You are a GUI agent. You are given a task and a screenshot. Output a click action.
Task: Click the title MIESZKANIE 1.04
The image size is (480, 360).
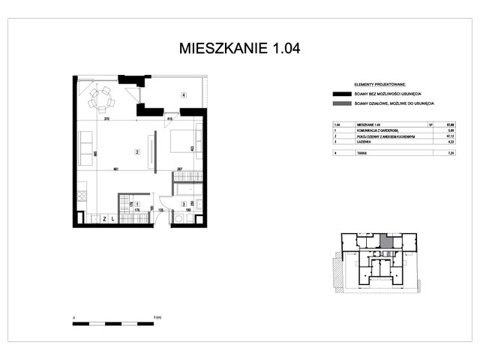click(240, 49)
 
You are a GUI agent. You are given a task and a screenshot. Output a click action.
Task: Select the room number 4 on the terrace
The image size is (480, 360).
click(183, 95)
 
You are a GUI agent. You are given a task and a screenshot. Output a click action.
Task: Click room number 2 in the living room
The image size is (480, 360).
click(137, 153)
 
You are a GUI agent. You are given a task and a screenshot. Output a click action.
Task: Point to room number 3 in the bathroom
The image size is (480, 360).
click(184, 204)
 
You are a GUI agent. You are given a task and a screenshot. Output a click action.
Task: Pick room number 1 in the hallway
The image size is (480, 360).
click(137, 204)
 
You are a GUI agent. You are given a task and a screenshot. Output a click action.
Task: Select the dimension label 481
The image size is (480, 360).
click(116, 169)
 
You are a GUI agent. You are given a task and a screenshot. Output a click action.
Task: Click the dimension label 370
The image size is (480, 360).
click(107, 119)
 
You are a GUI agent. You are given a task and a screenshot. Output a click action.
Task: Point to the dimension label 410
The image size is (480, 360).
click(170, 119)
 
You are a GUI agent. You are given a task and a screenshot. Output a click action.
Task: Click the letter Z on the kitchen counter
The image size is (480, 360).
click(104, 219)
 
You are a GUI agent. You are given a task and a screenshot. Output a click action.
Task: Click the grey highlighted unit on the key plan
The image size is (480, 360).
click(385, 241)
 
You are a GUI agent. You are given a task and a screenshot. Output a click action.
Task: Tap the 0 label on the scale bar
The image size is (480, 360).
click(73, 318)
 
